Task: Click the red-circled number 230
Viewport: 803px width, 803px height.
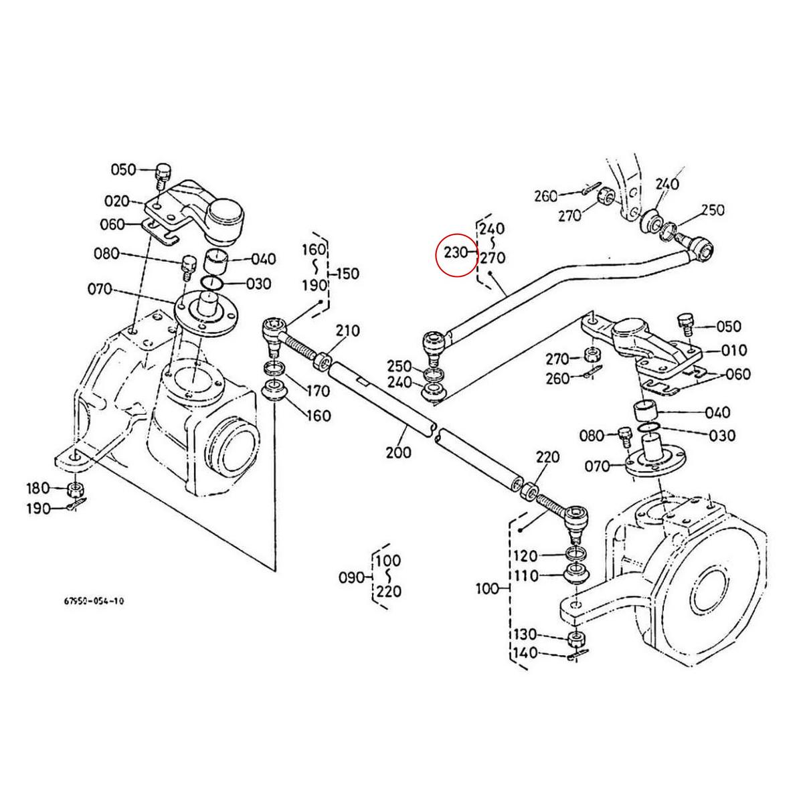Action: tap(454, 254)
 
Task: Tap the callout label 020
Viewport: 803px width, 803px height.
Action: tap(116, 201)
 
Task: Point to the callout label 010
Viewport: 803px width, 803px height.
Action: tap(716, 350)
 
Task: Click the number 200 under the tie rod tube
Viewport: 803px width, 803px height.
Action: tap(399, 452)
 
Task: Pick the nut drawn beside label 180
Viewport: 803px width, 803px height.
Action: tap(76, 488)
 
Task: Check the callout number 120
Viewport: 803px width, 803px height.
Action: tap(525, 556)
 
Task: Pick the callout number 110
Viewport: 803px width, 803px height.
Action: tap(525, 575)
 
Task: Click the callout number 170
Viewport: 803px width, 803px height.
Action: tap(318, 391)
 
